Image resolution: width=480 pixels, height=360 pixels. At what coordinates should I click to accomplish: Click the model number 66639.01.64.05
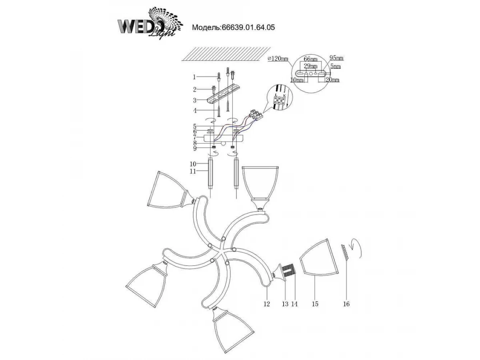(233, 28)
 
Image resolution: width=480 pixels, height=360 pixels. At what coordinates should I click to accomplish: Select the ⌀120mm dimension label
(277, 59)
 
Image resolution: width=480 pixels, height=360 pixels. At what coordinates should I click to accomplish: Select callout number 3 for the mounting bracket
(194, 100)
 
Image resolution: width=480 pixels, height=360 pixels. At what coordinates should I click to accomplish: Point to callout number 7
(194, 137)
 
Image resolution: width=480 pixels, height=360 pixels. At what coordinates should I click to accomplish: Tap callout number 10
(193, 164)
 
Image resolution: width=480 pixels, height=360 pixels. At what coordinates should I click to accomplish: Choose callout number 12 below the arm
(267, 304)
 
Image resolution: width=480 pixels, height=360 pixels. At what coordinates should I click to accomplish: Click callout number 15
(315, 304)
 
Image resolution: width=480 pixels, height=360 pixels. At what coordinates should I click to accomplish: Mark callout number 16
(346, 304)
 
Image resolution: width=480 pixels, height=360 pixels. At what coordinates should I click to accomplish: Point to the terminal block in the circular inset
(278, 98)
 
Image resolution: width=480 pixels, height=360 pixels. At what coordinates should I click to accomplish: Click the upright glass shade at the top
(260, 182)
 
